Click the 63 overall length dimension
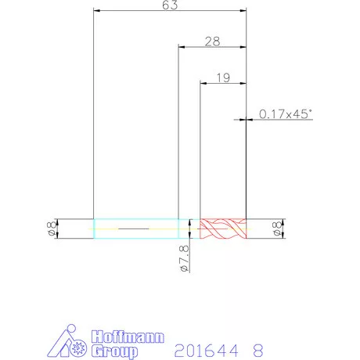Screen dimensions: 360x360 170,5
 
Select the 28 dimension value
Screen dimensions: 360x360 212,41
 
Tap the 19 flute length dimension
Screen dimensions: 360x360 223,77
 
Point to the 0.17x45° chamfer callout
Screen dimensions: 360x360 286,114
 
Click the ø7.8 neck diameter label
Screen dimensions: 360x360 185,259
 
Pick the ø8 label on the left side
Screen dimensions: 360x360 52,229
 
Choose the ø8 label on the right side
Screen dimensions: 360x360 277,229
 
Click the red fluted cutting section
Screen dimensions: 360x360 223,229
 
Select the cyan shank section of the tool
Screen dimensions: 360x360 136,229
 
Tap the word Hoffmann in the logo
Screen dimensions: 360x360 128,337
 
